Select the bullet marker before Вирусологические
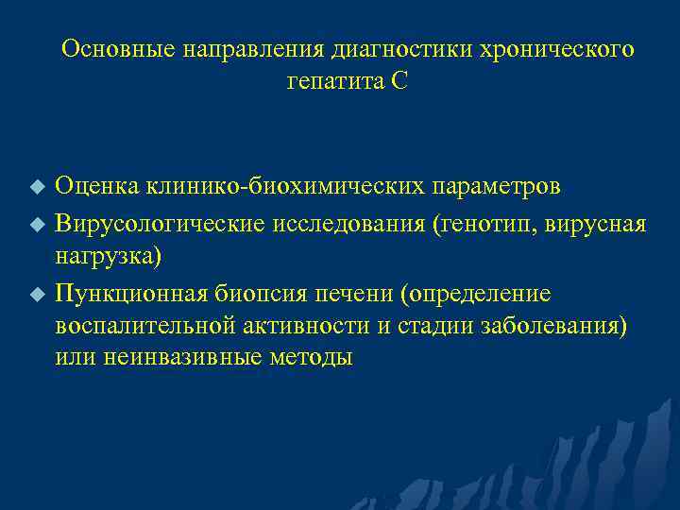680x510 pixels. coord(37,225)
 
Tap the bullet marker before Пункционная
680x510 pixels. coord(37,296)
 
